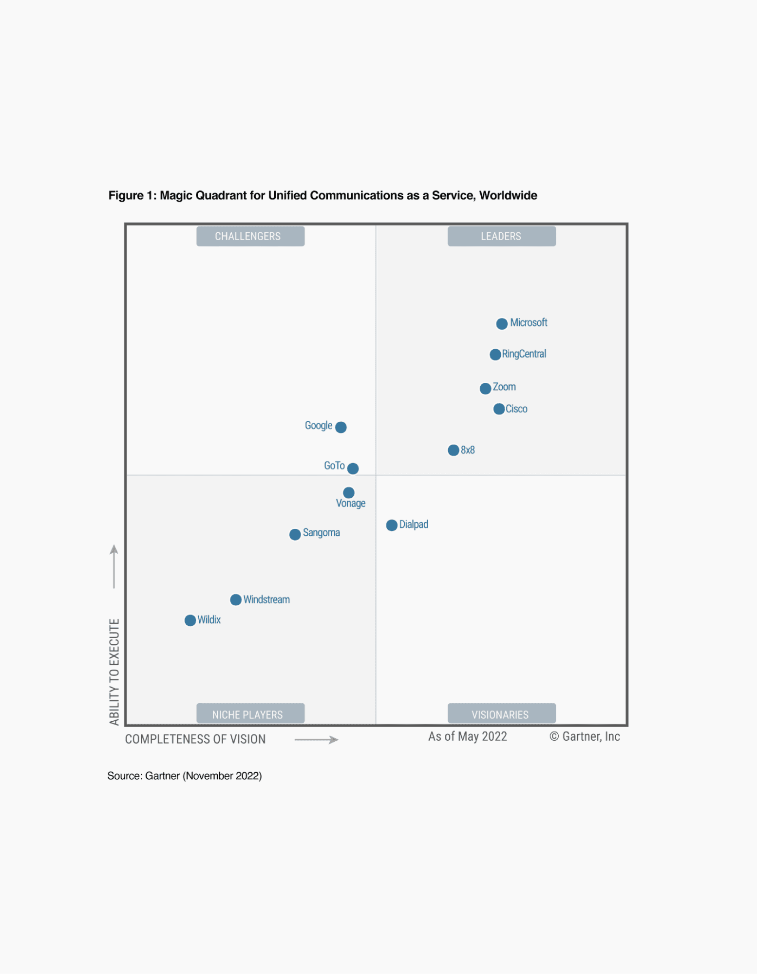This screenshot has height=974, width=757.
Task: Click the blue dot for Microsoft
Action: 502,324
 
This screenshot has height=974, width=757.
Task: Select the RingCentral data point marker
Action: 495,355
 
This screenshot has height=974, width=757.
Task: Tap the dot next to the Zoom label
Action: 485,389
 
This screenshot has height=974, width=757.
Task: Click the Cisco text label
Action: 516,409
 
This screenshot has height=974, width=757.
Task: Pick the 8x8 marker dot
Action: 453,450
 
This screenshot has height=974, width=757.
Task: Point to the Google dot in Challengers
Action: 341,427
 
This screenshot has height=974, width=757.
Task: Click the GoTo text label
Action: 334,466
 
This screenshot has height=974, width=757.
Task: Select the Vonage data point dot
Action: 349,493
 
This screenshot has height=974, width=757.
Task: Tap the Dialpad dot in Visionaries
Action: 392,525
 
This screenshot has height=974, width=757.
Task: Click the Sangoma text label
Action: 321,533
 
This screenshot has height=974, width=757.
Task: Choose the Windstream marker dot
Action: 236,600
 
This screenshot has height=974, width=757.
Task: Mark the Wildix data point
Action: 190,620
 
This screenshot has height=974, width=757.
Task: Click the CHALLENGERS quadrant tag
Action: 250,236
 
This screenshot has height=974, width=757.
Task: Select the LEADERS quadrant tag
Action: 501,236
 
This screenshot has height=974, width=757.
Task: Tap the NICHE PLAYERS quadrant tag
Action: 250,714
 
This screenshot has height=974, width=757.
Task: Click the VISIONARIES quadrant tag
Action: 501,714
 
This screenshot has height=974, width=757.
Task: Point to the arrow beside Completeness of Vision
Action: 317,740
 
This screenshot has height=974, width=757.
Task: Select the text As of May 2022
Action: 467,736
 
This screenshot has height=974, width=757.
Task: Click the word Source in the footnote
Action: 124,776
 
